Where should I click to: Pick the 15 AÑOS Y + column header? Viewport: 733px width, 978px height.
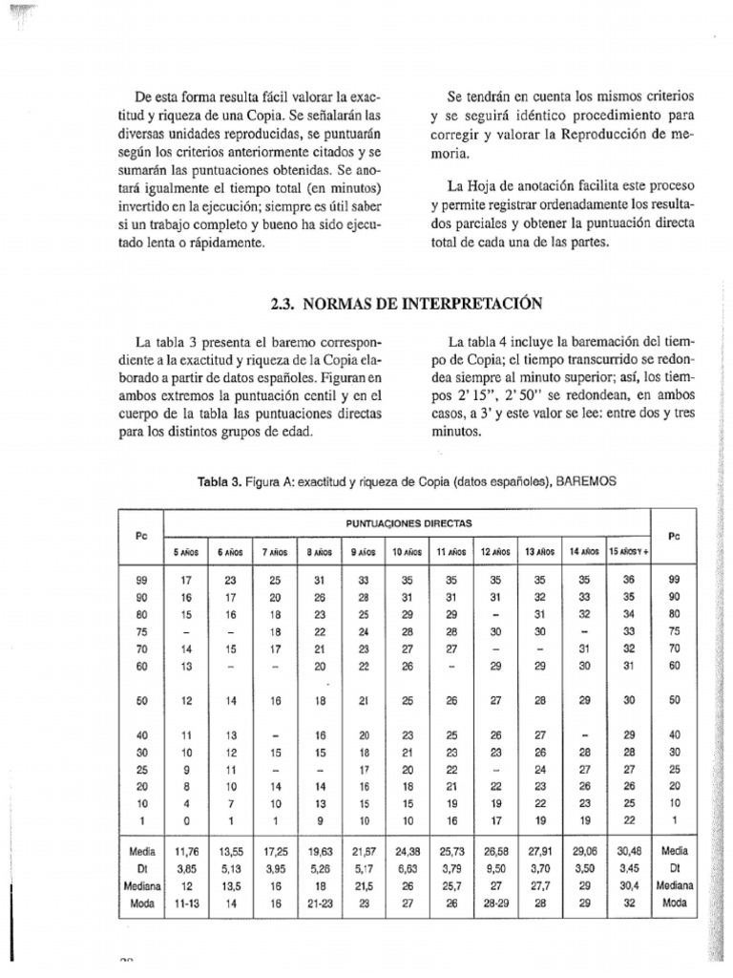click(x=629, y=551)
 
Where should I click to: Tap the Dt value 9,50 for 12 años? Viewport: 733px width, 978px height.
click(x=495, y=866)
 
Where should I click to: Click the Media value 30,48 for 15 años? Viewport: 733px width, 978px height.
click(x=628, y=849)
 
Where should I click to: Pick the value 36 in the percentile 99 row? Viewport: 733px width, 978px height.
click(x=628, y=579)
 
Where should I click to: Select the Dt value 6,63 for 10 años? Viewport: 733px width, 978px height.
click(x=408, y=866)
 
